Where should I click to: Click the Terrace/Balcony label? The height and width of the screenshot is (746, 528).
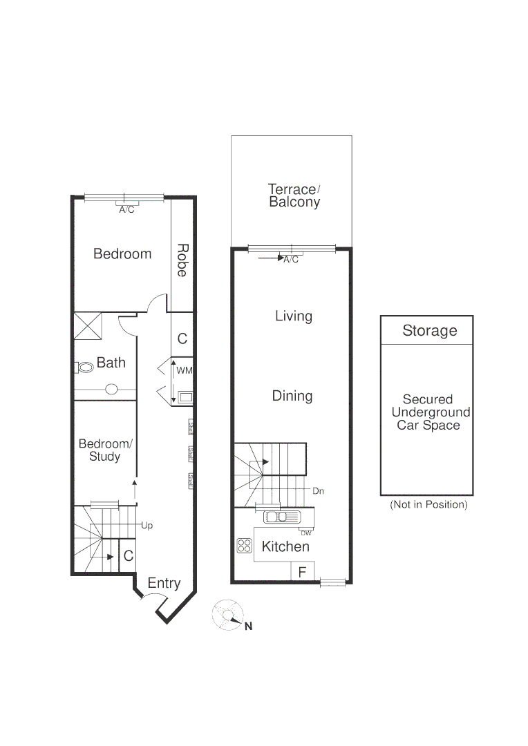[x=294, y=195]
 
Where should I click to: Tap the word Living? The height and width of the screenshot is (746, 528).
[x=294, y=316]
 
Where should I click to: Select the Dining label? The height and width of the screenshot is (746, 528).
[x=292, y=396]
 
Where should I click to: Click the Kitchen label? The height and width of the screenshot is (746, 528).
[x=285, y=546]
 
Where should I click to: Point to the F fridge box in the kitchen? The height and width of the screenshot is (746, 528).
[x=302, y=572]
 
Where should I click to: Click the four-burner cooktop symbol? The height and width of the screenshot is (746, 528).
[x=245, y=546]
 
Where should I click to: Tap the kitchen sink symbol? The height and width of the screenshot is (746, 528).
[x=280, y=517]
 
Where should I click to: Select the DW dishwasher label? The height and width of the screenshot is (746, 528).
[x=306, y=532]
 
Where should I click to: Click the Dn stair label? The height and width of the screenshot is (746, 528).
[x=319, y=491]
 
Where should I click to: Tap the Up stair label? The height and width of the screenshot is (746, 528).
[x=147, y=525]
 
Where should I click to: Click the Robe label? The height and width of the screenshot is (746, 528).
[x=182, y=260]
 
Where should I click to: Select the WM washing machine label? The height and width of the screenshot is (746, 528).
[x=184, y=371]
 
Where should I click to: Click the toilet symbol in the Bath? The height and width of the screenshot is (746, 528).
[x=86, y=367]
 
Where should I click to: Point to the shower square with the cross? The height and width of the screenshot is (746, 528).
[x=88, y=325]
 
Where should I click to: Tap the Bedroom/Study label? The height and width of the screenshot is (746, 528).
[x=104, y=450]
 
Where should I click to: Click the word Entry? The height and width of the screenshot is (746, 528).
[x=164, y=583]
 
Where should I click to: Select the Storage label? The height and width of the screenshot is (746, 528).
[x=429, y=331]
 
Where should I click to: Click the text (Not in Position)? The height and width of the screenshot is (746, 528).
[x=428, y=504]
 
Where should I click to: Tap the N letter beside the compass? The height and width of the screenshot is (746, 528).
[x=248, y=627]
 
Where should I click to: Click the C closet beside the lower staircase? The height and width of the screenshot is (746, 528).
[x=128, y=555]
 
